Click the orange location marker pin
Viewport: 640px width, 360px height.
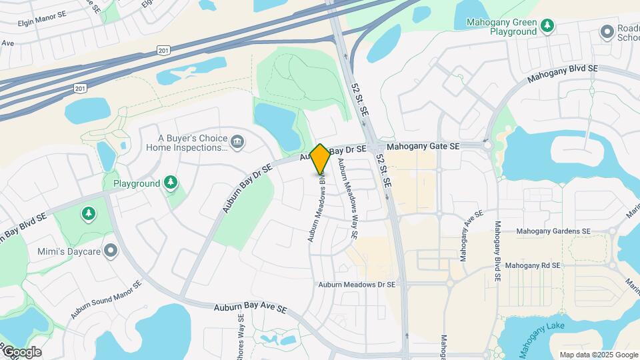coord(321,159)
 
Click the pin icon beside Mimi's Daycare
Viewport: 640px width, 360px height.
coord(111,251)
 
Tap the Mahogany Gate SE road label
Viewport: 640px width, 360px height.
coord(423,146)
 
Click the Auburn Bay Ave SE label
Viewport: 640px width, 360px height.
coord(250,309)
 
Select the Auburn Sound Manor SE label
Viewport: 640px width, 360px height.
coord(107,301)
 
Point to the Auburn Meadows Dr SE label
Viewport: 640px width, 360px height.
coord(357,285)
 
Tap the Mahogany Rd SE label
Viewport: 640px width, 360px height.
coord(533,265)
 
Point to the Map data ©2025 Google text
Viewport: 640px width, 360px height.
coord(598,355)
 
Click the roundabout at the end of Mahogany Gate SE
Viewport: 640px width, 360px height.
coord(487,145)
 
